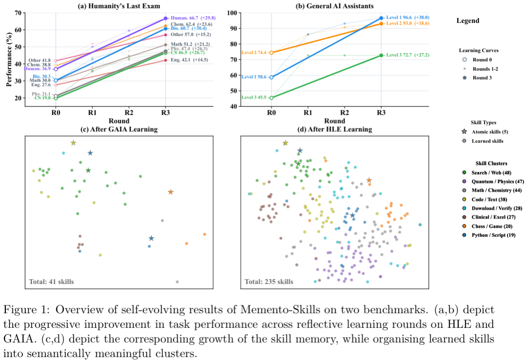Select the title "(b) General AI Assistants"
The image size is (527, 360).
325,5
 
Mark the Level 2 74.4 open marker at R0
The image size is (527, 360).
271,53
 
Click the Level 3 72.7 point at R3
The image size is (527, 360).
381,56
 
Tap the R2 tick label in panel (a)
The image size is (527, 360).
129,113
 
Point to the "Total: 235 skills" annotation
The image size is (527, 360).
269,281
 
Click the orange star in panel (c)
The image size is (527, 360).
171,192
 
